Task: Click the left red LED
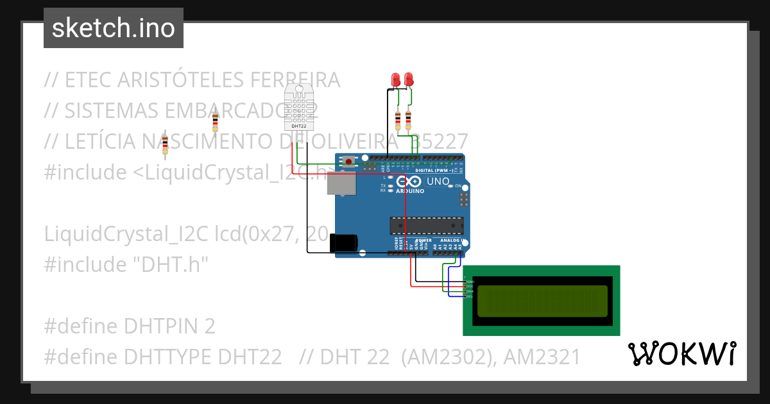[x=397, y=80]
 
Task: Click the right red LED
[x=408, y=80]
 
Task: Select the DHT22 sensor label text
[x=298, y=126]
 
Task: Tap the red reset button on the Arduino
[x=348, y=160]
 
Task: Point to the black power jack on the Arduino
[x=343, y=243]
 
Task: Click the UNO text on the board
[x=438, y=181]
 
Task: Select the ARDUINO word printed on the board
[x=409, y=191]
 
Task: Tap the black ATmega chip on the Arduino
[x=427, y=226]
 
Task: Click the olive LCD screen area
[x=541, y=301]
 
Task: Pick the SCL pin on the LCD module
[x=468, y=296]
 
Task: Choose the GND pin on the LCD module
[x=468, y=282]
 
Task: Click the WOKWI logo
[x=681, y=354]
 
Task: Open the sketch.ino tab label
[x=114, y=28]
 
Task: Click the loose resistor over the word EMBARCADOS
[x=215, y=119]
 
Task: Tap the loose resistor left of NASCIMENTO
[x=165, y=144]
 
